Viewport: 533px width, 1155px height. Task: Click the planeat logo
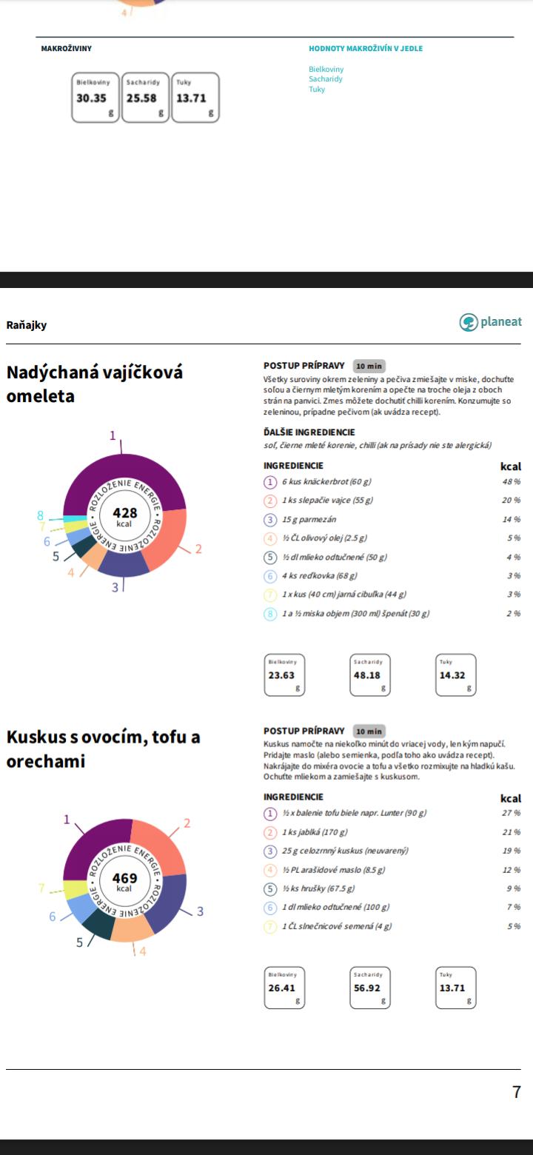[x=491, y=322]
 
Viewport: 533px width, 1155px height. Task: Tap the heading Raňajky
[x=27, y=324]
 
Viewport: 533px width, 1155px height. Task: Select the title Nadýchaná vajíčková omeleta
[x=94, y=384]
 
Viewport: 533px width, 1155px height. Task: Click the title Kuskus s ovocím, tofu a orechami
[x=103, y=749]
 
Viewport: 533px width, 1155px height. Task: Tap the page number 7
[x=516, y=1091]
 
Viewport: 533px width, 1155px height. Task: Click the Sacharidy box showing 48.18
[x=371, y=674]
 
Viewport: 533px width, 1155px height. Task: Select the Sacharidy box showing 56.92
[x=371, y=987]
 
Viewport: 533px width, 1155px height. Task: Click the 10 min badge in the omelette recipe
[x=369, y=366]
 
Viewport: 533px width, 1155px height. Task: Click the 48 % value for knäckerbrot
[x=512, y=482]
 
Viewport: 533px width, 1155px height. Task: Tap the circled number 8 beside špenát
[x=271, y=613]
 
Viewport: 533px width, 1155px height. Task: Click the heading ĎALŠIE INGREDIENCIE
[x=309, y=432]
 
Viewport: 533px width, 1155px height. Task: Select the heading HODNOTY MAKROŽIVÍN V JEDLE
[x=366, y=49]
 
